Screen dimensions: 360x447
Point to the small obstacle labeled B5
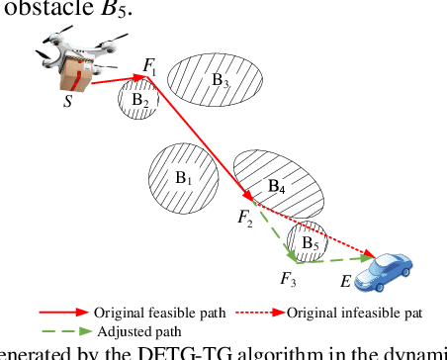[x=307, y=241]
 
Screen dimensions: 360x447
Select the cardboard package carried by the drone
[x=77, y=77]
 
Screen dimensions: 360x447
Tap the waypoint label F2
[x=245, y=219]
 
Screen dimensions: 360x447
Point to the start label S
[x=67, y=102]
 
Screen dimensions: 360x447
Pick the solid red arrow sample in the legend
[x=75, y=313]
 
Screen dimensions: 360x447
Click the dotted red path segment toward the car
[x=336, y=235]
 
